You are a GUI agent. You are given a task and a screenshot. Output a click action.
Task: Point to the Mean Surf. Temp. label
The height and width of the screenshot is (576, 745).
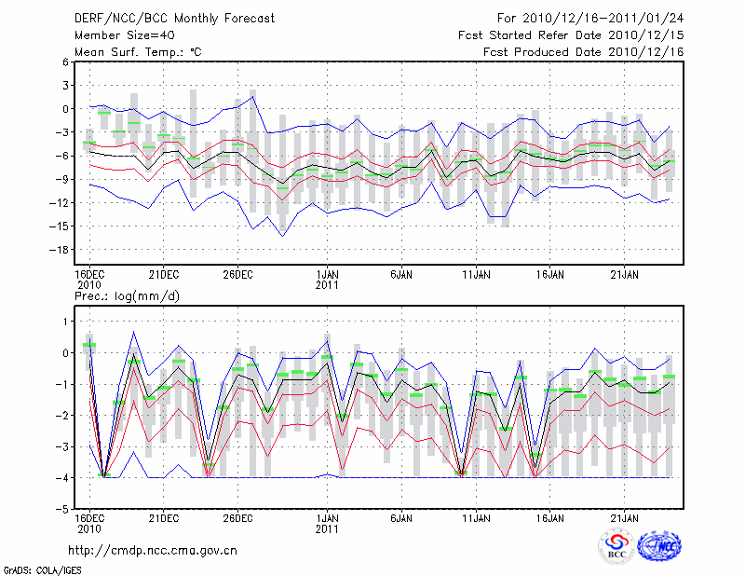tap(138, 52)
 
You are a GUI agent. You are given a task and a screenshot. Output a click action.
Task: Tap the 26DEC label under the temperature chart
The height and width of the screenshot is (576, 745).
tap(237, 274)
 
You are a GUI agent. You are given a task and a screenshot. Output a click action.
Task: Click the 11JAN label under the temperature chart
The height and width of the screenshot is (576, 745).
tap(476, 274)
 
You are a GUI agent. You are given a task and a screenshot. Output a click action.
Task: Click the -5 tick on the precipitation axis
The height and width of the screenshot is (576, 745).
tap(61, 509)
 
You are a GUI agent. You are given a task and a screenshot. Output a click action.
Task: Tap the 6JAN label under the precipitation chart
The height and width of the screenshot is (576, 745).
tap(401, 517)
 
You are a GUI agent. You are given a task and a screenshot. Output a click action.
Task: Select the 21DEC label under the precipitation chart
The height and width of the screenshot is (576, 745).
tap(163, 517)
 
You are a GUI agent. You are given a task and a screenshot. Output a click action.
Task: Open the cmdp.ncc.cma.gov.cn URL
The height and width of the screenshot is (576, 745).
tap(153, 550)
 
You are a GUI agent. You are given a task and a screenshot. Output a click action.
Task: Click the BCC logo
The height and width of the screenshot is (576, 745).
tap(616, 547)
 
